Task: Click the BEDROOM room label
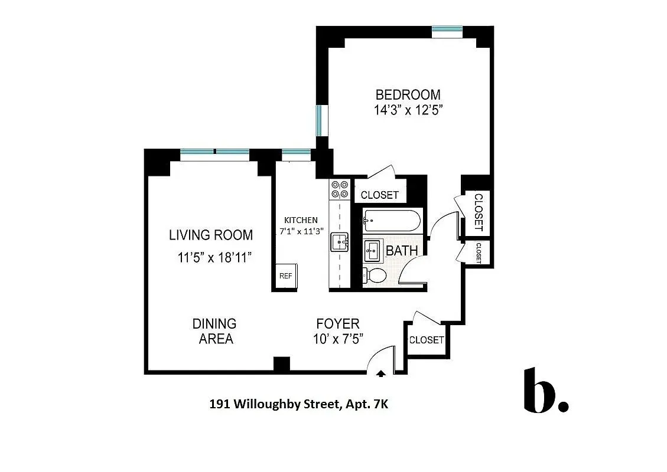click(408, 94)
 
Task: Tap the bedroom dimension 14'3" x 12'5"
click(408, 110)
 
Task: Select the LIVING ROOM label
click(211, 235)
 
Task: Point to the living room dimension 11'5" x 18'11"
click(215, 257)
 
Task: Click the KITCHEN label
click(301, 219)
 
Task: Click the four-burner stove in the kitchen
click(340, 189)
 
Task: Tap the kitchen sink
click(340, 242)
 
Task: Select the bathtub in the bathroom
click(391, 222)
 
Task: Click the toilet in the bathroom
click(375, 275)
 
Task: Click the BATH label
click(402, 251)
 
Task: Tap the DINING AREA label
click(214, 331)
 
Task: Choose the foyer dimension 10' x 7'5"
click(337, 339)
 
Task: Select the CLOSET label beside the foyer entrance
click(426, 340)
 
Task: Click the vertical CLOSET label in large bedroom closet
click(478, 212)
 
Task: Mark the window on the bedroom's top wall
click(447, 29)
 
